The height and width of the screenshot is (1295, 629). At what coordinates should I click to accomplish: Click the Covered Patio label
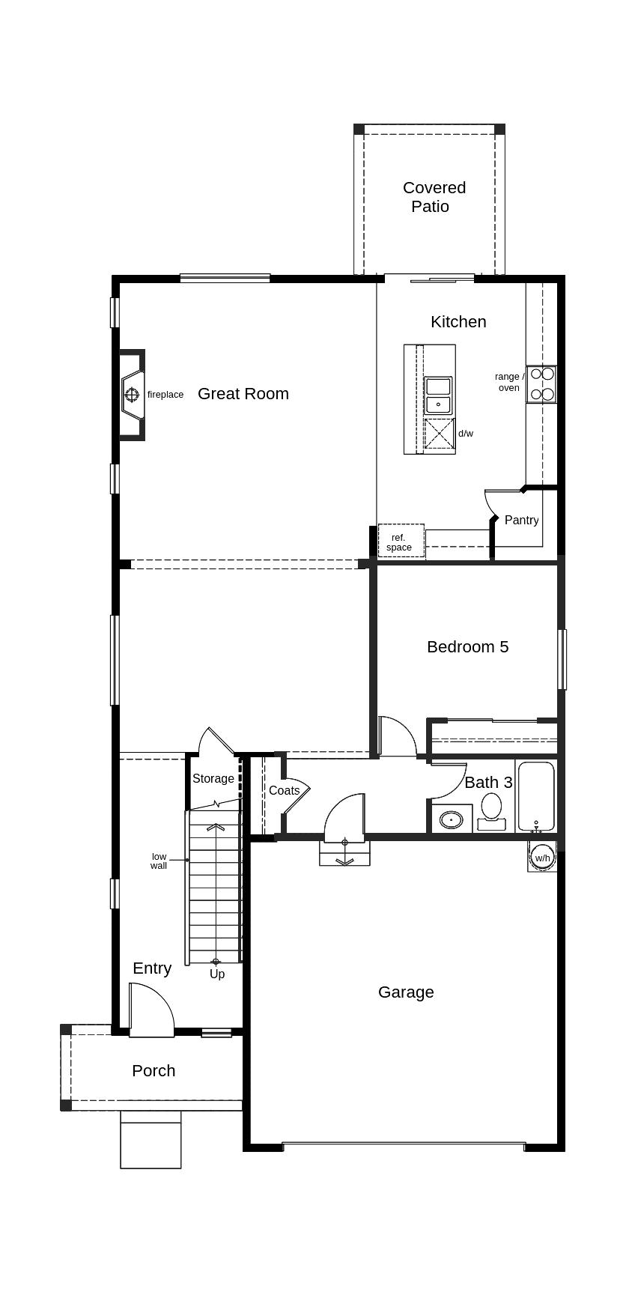point(434,197)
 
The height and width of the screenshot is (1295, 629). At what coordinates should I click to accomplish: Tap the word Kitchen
point(458,321)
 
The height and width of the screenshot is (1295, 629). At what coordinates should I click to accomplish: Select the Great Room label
point(243,394)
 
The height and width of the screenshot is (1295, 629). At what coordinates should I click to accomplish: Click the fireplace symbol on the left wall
point(133,394)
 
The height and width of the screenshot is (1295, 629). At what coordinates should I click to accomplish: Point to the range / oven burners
point(541,384)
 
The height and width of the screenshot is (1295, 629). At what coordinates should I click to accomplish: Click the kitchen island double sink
point(438,395)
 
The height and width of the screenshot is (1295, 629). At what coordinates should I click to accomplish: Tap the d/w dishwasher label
point(466,434)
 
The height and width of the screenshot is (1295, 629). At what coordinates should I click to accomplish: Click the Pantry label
point(521,520)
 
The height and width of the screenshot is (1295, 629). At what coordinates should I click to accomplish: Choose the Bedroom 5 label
point(468,646)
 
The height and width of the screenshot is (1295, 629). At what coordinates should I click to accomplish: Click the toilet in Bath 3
point(491,812)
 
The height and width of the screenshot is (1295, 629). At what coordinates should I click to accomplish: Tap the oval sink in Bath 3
point(451,819)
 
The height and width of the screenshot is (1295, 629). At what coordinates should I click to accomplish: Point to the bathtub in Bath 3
point(536,797)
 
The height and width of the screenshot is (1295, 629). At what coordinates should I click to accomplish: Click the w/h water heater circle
point(542,858)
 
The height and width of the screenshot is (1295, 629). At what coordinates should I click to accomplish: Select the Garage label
point(406,992)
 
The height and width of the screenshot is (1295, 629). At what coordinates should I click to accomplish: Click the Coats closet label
point(284,790)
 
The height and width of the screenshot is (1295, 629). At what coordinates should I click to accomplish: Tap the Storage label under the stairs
point(213,779)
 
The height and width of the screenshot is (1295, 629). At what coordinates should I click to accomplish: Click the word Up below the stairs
point(217,974)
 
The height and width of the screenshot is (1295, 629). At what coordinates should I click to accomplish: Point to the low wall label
point(159,861)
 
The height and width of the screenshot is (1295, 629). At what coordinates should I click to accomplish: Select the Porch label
point(154,1071)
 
